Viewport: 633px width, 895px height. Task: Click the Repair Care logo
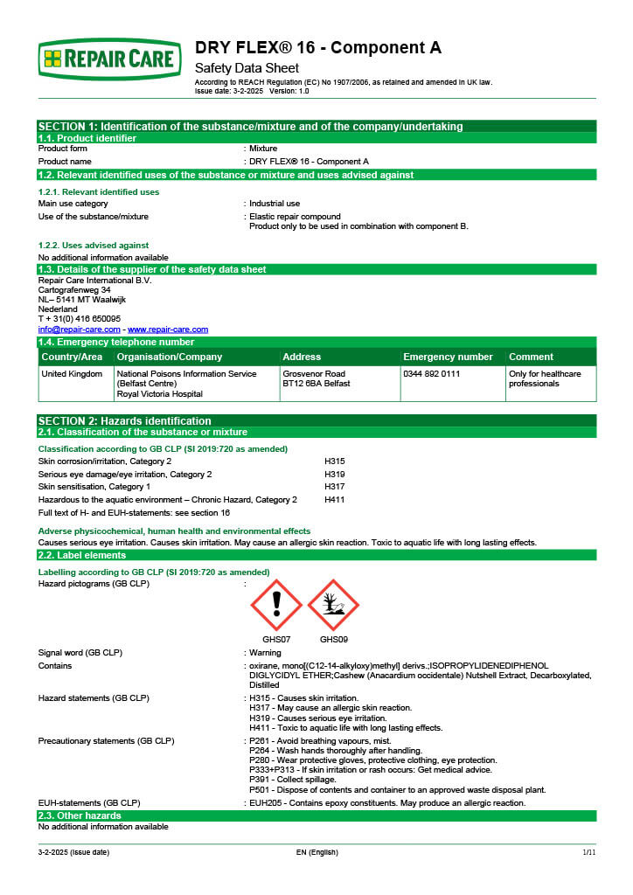109,59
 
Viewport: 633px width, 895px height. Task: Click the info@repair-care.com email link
79,330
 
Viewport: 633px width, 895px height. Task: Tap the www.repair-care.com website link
168,330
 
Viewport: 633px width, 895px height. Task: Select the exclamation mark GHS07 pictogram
276,605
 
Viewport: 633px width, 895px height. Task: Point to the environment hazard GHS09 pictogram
333,605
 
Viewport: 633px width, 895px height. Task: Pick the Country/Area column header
73,357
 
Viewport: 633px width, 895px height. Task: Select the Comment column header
531,357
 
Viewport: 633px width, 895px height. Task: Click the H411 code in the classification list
335,500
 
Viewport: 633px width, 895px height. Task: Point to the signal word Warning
265,653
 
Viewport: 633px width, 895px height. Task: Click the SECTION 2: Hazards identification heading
125,420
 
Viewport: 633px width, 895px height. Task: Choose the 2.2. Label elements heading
82,555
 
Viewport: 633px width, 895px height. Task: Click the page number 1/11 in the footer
588,852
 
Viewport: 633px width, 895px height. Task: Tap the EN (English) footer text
316,852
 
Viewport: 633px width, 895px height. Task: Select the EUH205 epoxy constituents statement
387,802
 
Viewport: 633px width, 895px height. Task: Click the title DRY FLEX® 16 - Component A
318,47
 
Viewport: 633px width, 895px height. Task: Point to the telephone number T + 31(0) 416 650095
80,319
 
